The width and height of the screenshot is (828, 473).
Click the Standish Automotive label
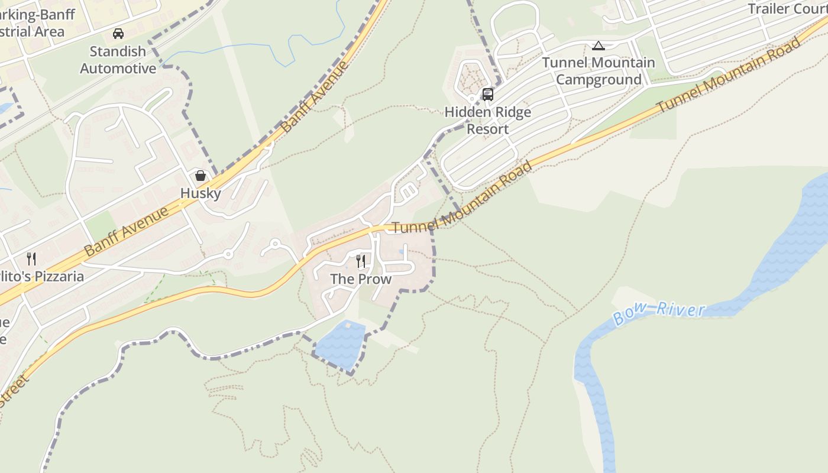pos(118,60)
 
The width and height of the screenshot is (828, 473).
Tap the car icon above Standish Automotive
pos(118,34)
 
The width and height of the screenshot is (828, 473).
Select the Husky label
pos(200,193)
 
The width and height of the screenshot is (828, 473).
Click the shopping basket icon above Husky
pos(200,176)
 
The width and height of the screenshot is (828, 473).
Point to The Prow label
pos(361,279)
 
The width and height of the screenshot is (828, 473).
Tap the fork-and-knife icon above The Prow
pos(361,261)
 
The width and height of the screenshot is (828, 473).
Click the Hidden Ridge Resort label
pos(488,121)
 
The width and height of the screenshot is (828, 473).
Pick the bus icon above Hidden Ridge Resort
pos(488,94)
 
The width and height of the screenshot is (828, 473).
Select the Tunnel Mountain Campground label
pos(599,71)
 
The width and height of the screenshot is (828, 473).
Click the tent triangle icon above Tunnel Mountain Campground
pos(599,46)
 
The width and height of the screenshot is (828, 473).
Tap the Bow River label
pos(659,313)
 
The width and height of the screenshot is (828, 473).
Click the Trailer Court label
pos(787,9)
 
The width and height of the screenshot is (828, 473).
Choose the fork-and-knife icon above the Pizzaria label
pos(31,258)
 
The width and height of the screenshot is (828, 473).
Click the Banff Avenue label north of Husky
pos(315,96)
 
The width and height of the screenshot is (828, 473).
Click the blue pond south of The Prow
pos(340,345)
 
